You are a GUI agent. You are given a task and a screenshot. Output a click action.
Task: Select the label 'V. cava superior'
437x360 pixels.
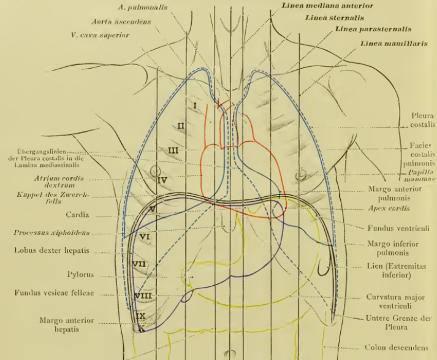pos(100,36)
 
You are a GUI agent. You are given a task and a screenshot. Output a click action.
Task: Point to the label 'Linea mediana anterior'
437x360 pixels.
pos(327,5)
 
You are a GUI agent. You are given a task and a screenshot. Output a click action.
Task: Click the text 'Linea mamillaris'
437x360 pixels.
pos(393,44)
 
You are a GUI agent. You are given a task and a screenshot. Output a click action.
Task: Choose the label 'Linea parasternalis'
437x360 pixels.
pos(373,29)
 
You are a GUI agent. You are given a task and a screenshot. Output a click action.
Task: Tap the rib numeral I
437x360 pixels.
pos(194,105)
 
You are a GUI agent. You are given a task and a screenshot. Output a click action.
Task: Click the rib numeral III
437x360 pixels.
pos(173,150)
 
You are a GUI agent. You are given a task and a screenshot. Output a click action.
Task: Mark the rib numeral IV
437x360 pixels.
pos(162,180)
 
